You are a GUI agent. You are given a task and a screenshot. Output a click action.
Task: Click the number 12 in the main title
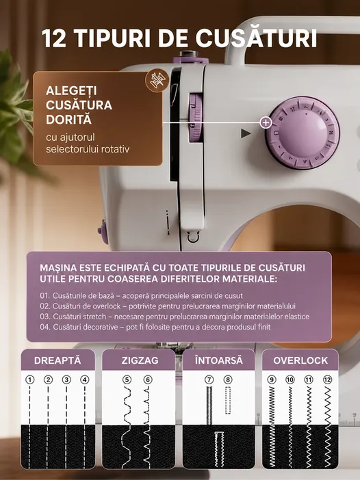click(54, 38)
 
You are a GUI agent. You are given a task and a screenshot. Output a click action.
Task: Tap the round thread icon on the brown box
click(157, 80)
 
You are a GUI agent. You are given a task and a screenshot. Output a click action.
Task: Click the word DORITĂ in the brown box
click(68, 120)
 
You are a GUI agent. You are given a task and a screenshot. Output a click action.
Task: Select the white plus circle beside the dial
click(266, 123)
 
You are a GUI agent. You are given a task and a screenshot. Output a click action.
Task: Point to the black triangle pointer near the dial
click(246, 133)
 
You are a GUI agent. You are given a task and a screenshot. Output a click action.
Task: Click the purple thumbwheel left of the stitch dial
click(196, 118)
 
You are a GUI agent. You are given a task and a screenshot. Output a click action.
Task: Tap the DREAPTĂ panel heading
click(57, 360)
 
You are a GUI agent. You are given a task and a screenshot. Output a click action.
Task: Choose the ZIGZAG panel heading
click(140, 360)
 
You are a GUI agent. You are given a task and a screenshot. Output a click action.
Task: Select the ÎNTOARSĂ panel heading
click(219, 360)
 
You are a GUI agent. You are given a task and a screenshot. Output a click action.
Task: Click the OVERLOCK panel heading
click(300, 360)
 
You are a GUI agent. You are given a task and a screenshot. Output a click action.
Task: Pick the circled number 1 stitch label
click(29, 380)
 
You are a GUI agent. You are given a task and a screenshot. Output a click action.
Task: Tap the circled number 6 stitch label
click(148, 380)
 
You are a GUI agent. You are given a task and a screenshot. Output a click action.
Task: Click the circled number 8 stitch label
click(228, 380)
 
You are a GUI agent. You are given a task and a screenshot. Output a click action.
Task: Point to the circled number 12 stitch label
click(328, 380)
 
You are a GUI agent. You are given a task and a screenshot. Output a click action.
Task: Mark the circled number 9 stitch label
click(272, 380)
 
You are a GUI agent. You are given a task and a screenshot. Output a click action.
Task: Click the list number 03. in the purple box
click(44, 317)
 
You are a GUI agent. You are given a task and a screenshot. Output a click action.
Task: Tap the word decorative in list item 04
click(101, 327)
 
